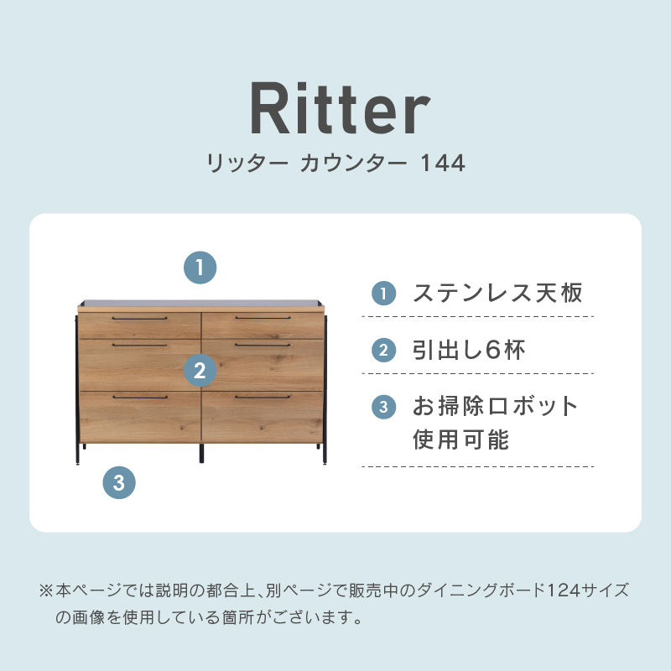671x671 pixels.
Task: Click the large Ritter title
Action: click(x=341, y=108)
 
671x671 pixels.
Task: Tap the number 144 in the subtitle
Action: click(x=443, y=163)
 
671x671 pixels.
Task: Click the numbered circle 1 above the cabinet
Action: click(x=200, y=268)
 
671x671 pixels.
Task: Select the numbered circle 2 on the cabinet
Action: click(x=200, y=370)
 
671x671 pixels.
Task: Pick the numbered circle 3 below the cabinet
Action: click(x=119, y=483)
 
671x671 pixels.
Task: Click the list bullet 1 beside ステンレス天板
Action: click(x=383, y=293)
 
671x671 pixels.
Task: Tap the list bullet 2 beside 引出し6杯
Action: click(x=383, y=350)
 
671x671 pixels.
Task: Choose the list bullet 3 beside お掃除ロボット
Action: click(x=383, y=407)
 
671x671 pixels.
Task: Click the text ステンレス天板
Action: click(x=497, y=293)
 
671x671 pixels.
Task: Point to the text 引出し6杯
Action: click(x=469, y=350)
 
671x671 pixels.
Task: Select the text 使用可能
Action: click(x=460, y=440)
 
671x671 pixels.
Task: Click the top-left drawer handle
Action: click(x=139, y=319)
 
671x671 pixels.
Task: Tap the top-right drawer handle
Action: click(x=263, y=318)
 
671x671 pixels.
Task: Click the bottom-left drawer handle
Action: click(x=140, y=397)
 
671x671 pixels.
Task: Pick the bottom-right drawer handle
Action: click(x=263, y=397)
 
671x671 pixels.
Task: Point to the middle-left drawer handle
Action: click(x=139, y=345)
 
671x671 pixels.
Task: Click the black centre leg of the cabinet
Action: click(x=201, y=453)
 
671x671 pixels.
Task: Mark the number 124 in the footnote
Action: click(x=564, y=590)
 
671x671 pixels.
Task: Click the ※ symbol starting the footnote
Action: click(x=46, y=591)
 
